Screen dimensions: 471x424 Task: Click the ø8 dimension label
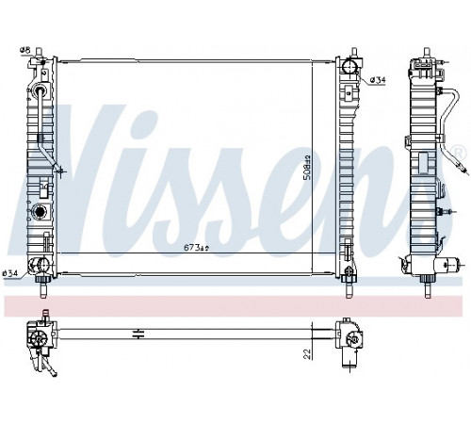point(24,50)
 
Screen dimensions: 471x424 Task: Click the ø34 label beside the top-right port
point(378,81)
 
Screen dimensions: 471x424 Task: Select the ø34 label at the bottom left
point(9,273)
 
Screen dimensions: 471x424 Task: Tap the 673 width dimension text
point(196,248)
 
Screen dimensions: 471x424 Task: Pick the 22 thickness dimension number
point(308,354)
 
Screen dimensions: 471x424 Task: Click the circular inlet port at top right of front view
point(349,66)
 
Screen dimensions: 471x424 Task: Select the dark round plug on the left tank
point(40,211)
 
